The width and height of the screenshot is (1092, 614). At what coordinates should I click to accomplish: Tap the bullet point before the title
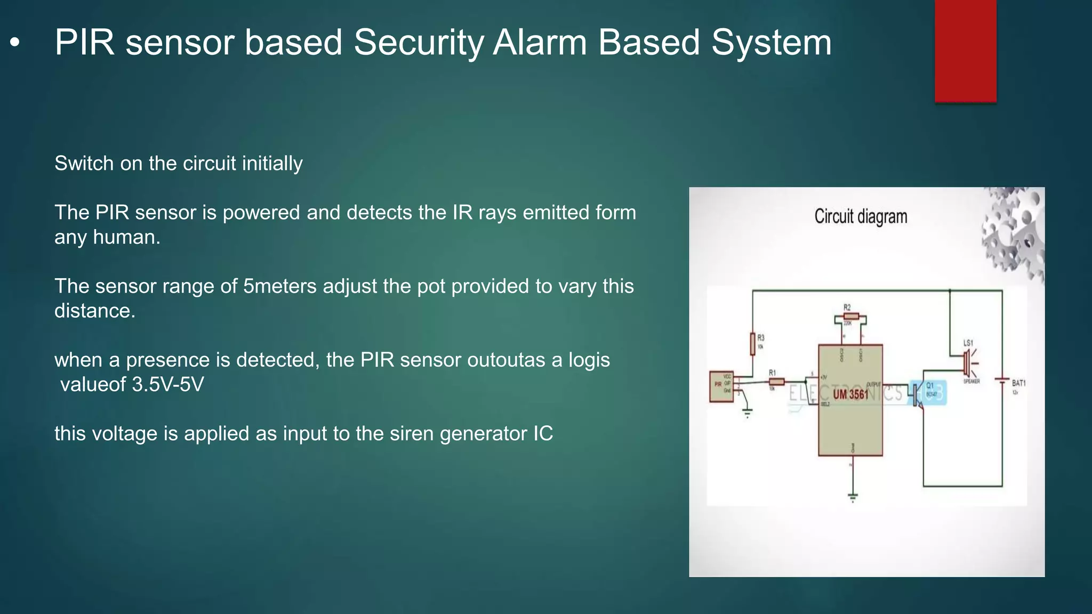pos(15,43)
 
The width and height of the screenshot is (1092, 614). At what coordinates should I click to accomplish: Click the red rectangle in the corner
pos(965,51)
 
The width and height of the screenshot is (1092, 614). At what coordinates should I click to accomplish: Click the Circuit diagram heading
pos(860,217)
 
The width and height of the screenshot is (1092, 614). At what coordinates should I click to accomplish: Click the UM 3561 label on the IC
pos(850,394)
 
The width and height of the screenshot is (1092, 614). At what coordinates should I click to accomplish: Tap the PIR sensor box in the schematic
pos(721,386)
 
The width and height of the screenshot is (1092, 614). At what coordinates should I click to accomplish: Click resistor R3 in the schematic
pos(752,344)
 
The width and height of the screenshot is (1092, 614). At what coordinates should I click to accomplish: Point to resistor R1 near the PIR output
pos(776,381)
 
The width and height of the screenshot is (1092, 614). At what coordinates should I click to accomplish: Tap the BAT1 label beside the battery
pos(1018,383)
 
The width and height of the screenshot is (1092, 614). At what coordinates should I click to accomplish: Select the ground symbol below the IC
pos(853,497)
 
